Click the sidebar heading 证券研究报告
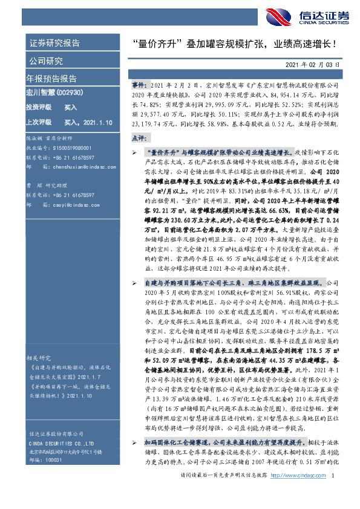pos(54,44)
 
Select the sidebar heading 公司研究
pos(46,61)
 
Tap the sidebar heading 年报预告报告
pos(51,79)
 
